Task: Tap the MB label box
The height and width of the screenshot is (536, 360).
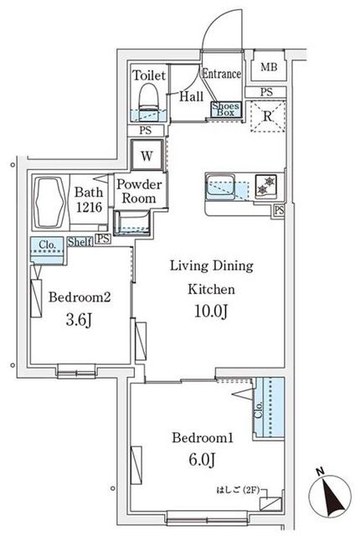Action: (269, 68)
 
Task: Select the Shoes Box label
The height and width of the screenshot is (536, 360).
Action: (225, 109)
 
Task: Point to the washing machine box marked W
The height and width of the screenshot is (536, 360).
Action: (147, 156)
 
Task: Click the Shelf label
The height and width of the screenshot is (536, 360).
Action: (80, 242)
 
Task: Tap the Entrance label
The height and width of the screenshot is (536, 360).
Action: (221, 75)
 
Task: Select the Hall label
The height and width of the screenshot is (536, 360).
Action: (191, 95)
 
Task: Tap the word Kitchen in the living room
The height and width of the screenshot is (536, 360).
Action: (209, 289)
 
